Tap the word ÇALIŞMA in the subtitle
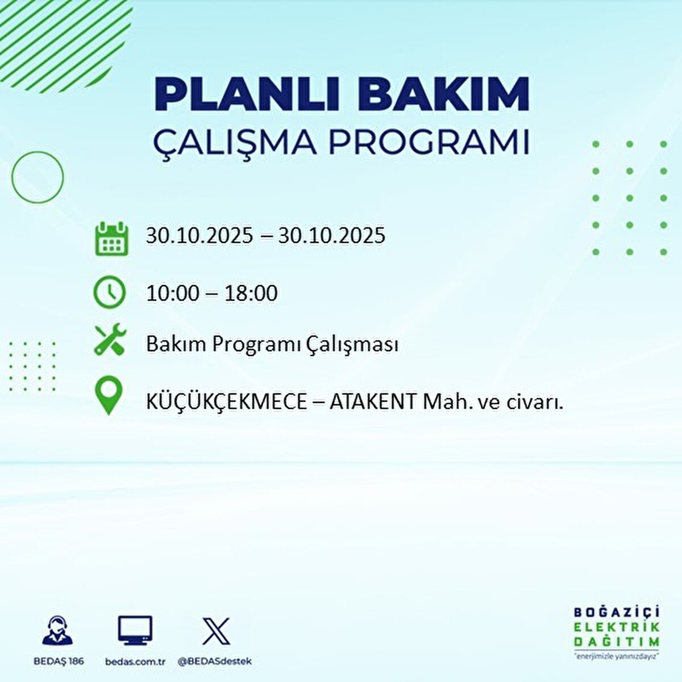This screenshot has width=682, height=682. [235, 143]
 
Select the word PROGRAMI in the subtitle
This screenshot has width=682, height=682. [430, 143]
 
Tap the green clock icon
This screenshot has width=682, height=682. [109, 292]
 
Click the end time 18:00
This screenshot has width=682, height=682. [251, 293]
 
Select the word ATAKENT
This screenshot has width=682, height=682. [373, 402]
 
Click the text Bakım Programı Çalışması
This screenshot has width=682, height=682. [272, 344]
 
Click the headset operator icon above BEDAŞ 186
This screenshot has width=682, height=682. [57, 630]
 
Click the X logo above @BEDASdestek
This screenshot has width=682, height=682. [216, 631]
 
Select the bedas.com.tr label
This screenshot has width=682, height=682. [135, 662]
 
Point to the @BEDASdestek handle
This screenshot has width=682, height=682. [215, 662]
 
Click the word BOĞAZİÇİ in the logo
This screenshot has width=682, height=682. [617, 612]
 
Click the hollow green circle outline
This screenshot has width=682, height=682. [38, 177]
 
